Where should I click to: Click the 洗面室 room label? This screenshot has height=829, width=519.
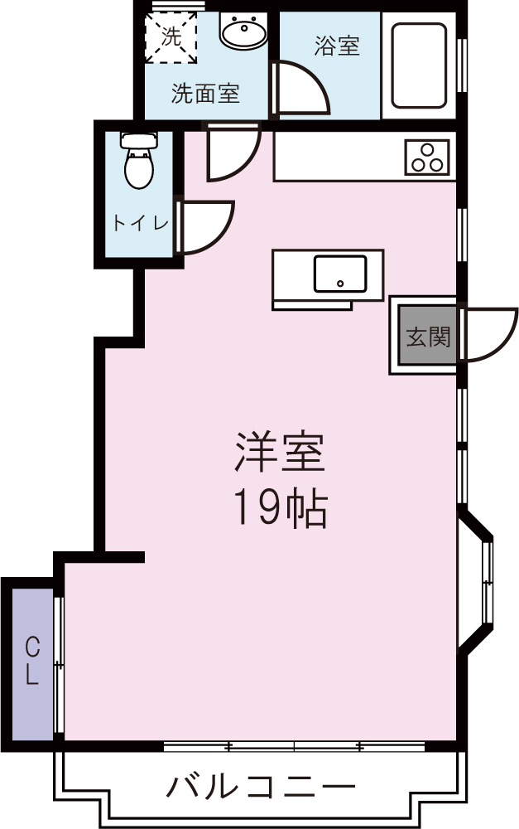tap(205, 94)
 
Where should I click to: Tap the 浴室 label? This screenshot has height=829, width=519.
tap(337, 46)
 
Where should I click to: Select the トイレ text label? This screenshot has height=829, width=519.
tap(141, 223)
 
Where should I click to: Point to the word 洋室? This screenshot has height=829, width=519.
tap(279, 452)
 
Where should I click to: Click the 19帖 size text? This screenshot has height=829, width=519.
tap(279, 508)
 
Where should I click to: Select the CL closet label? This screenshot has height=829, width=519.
tap(31, 660)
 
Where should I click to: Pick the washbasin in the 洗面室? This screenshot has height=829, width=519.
tap(243, 33)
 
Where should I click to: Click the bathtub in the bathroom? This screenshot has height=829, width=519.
tap(419, 65)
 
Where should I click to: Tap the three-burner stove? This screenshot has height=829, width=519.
tap(427, 158)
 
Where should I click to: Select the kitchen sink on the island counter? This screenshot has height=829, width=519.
tap(339, 274)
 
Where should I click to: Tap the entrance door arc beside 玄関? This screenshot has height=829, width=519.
tap(488, 334)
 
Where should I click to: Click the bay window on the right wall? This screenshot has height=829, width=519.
tap(478, 580)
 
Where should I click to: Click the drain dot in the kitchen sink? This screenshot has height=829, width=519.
tap(339, 284)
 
